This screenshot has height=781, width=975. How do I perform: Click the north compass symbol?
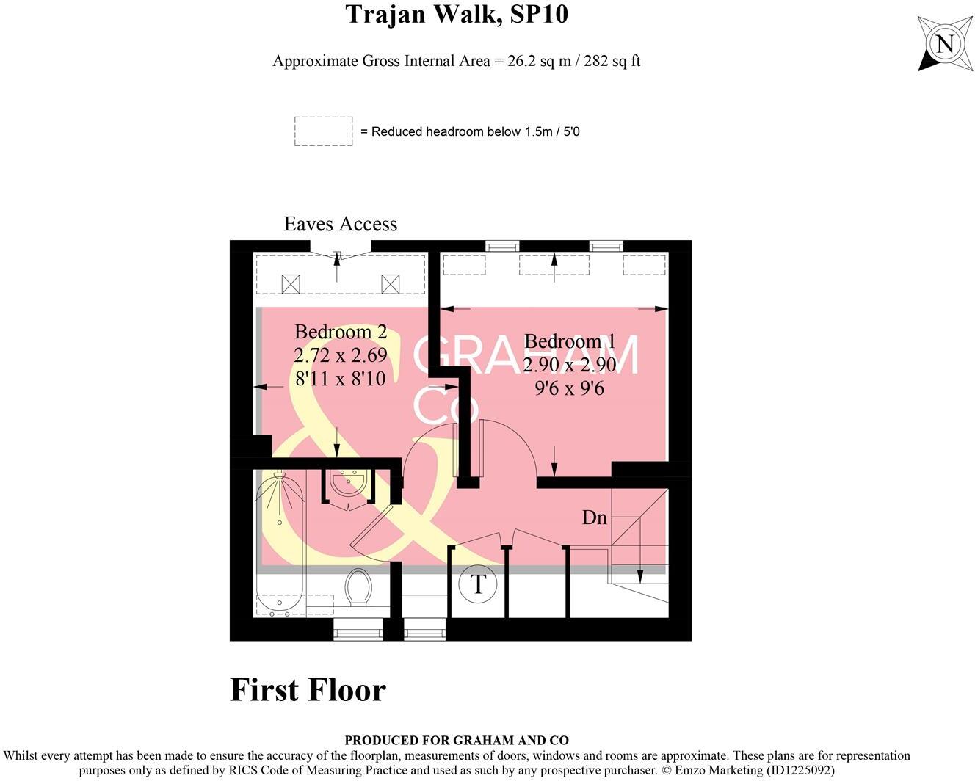(945, 44)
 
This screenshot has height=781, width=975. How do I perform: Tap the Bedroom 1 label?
(570, 341)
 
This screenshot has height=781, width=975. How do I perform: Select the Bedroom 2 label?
(341, 332)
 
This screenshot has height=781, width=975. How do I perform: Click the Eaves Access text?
(340, 224)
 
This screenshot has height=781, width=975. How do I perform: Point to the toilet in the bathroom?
(358, 587)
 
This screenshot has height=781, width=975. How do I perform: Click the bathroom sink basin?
(348, 482)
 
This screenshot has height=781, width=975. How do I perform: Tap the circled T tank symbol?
(478, 584)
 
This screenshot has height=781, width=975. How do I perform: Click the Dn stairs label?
(594, 517)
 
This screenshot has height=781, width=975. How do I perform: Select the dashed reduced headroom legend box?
(324, 131)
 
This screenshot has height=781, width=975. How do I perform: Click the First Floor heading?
(308, 690)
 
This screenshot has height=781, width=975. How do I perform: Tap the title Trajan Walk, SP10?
(457, 14)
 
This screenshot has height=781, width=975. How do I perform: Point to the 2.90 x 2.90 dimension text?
(570, 365)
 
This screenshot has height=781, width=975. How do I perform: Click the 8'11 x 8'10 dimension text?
(340, 379)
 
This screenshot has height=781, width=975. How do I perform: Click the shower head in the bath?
(280, 476)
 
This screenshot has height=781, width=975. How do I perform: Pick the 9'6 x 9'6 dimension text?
(570, 388)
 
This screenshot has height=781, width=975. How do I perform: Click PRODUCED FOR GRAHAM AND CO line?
(457, 740)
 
